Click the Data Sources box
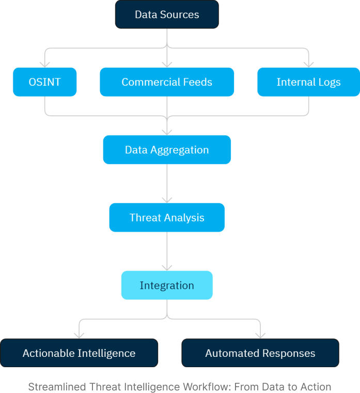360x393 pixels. tap(167, 14)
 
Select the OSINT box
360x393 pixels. tap(44, 82)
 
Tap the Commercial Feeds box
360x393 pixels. tap(167, 82)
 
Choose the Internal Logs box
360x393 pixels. tap(308, 82)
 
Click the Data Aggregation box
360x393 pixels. tap(167, 150)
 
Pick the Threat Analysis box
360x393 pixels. tap(167, 217)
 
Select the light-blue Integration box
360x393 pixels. tap(167, 285)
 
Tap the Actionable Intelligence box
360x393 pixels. tap(79, 353)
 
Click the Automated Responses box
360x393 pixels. tap(260, 353)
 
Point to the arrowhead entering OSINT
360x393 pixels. tap(44, 65)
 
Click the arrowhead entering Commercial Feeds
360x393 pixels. tap(167, 65)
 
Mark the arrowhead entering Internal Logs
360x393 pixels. tap(308, 65)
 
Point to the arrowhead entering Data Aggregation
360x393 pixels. tap(167, 133)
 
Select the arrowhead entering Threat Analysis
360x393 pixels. tap(167, 200)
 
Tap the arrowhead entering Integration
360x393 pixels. tap(167, 268)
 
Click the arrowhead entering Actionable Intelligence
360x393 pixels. tap(79, 336)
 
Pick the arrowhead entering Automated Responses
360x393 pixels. tap(260, 336)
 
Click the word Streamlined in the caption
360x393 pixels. tap(57, 387)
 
